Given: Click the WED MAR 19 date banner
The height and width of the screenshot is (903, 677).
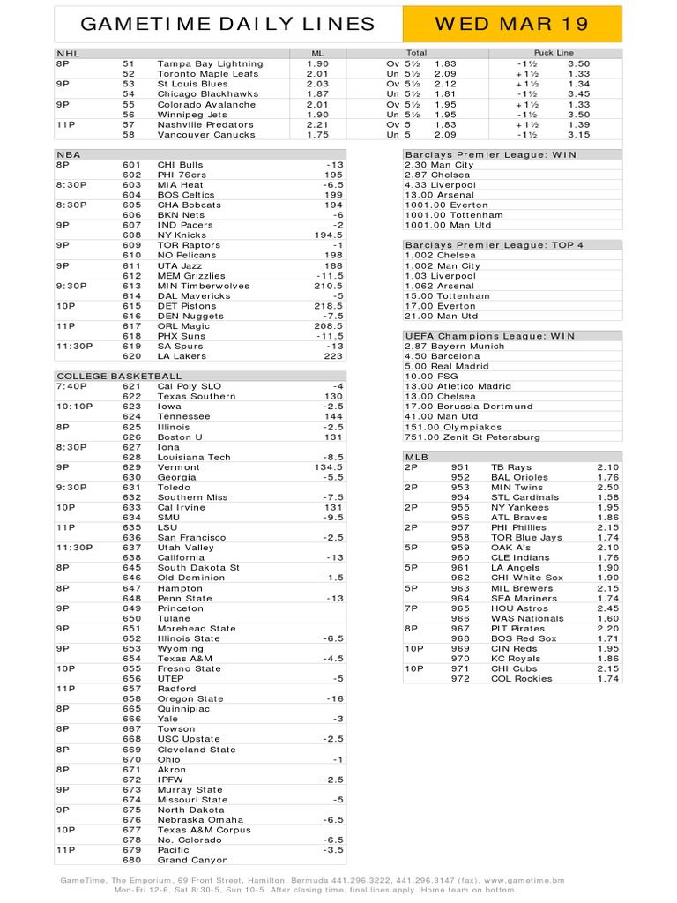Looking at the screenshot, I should tap(512, 24).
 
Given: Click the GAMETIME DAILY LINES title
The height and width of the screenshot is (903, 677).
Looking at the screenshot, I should tap(227, 24).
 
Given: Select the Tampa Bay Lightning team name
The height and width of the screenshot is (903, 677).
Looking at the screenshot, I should tap(210, 63).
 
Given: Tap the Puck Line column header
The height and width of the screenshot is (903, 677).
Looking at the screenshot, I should tap(554, 53).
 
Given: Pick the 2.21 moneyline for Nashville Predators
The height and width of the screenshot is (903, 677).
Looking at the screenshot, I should tap(317, 124).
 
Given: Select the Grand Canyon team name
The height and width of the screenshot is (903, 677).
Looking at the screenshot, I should tap(192, 860).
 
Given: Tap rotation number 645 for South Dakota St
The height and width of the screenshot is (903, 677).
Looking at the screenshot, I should tap(132, 568).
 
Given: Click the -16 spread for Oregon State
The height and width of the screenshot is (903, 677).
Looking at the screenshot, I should tap(334, 698).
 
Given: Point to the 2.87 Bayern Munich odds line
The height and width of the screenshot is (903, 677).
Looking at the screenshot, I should tap(455, 347).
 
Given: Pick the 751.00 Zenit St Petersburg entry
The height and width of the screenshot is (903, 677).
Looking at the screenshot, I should tap(472, 437).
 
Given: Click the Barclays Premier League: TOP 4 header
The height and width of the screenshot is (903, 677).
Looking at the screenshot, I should tap(495, 245).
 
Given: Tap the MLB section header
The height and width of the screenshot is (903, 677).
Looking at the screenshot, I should tap(415, 458).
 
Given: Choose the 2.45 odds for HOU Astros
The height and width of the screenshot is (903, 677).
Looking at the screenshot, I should tap(608, 608).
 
